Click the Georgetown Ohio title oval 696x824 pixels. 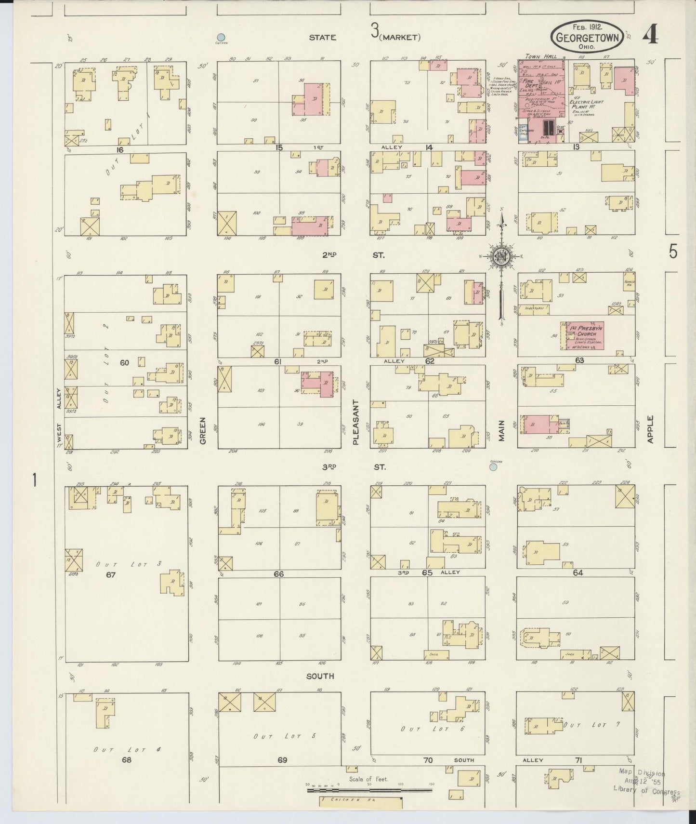point(587,37)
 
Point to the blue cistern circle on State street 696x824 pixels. point(221,37)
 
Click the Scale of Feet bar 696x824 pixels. point(369,790)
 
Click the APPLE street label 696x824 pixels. point(650,429)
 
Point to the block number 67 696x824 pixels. point(111,574)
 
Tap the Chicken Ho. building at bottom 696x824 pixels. point(361,803)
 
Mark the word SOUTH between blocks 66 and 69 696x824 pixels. point(320,676)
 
